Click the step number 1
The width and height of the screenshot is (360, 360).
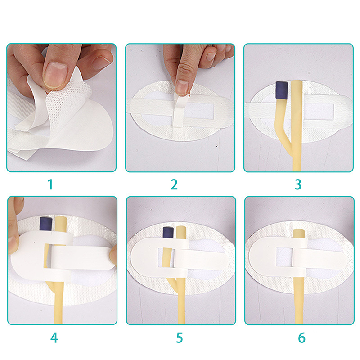[50, 184]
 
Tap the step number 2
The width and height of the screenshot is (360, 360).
[174, 184]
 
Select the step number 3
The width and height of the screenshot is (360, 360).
[298, 184]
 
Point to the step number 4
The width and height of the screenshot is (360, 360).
[54, 338]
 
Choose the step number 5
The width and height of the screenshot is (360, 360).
[180, 338]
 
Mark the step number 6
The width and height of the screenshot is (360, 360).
[301, 338]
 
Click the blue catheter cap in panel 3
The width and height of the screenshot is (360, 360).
[282, 90]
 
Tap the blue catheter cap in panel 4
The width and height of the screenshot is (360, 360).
[46, 224]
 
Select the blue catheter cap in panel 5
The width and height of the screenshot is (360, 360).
[169, 232]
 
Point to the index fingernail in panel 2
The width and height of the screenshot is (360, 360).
[182, 87]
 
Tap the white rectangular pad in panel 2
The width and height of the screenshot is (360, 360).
[199, 111]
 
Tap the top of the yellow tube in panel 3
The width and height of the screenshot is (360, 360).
[297, 82]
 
